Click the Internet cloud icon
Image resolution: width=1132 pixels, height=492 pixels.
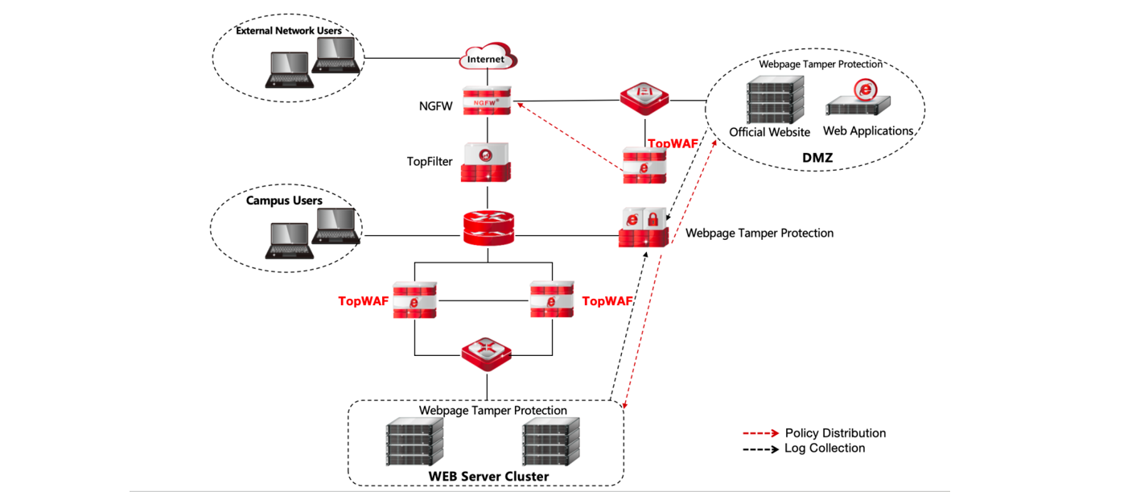(488, 58)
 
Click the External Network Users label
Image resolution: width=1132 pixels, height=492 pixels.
(288, 31)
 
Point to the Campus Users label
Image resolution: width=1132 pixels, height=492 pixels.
(284, 201)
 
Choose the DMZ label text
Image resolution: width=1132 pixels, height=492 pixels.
(817, 158)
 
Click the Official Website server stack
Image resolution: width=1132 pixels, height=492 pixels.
(775, 100)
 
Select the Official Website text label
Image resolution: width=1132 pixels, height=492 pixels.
(769, 132)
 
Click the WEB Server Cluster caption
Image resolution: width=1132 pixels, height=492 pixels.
(488, 476)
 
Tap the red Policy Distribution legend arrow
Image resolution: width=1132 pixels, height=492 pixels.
(760, 433)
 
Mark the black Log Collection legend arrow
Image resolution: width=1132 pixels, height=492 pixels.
(760, 449)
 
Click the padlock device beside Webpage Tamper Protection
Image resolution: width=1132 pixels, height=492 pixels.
(644, 226)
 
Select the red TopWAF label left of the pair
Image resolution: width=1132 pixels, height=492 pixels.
(363, 301)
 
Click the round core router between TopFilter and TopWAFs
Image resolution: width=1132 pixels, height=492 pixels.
(487, 228)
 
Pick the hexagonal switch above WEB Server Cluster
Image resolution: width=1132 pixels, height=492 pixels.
(487, 352)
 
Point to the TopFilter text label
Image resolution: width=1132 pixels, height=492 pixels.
(430, 161)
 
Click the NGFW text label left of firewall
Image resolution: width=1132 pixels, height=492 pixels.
(435, 104)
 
